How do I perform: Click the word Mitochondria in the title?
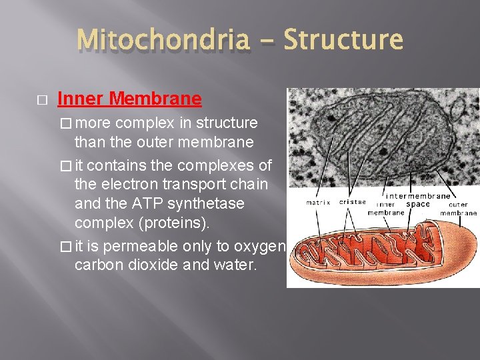click(x=163, y=40)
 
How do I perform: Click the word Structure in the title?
click(x=343, y=40)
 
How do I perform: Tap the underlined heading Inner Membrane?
click(x=129, y=99)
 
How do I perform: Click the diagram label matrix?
click(x=319, y=202)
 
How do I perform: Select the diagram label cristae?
click(x=351, y=202)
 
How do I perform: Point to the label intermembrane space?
click(x=419, y=200)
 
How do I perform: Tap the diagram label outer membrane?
click(x=458, y=209)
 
